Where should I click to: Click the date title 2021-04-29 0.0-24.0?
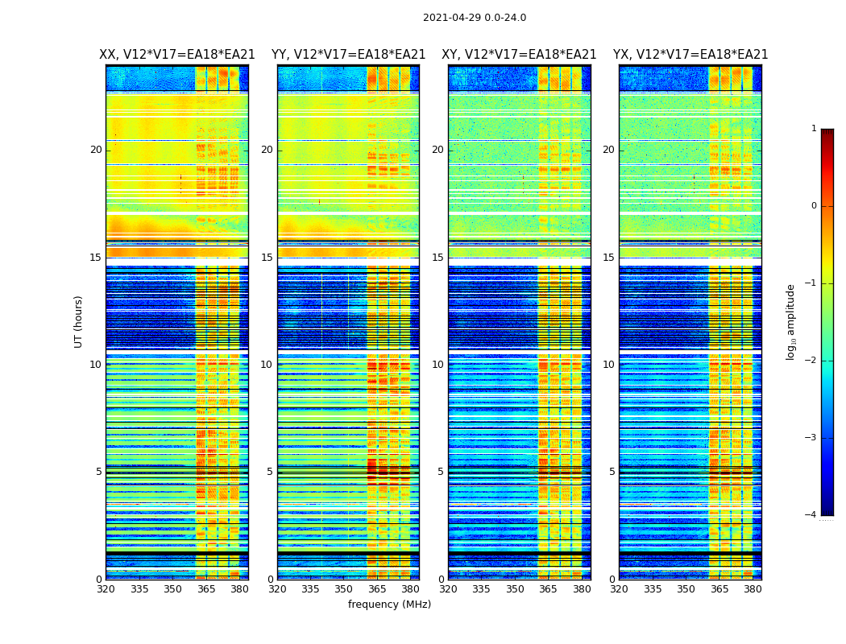pyautogui.click(x=475, y=18)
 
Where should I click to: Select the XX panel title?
pyautogui.click(x=177, y=55)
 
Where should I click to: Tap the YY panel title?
pyautogui.click(x=348, y=55)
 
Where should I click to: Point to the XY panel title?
pyautogui.click(x=519, y=55)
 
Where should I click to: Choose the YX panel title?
pyautogui.click(x=690, y=55)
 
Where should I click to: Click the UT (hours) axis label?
pyautogui.click(x=79, y=321)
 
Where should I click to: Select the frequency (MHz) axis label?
pyautogui.click(x=389, y=605)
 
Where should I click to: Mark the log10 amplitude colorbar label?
pyautogui.click(x=791, y=321)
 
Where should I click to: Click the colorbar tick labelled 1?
pyautogui.click(x=814, y=129)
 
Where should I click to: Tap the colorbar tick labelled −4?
pyautogui.click(x=811, y=515)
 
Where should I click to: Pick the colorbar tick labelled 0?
pyautogui.click(x=814, y=206)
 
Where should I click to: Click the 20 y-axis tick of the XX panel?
pyautogui.click(x=96, y=150)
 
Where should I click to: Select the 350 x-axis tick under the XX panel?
pyautogui.click(x=172, y=589)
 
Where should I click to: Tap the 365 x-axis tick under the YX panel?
pyautogui.click(x=720, y=589)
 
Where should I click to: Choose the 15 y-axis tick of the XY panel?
pyautogui.click(x=438, y=258)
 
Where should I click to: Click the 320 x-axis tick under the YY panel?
pyautogui.click(x=277, y=589)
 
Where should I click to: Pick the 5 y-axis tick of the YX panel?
pyautogui.click(x=612, y=472)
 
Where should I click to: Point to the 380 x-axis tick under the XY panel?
pyautogui.click(x=582, y=589)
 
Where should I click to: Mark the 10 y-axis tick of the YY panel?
pyautogui.click(x=267, y=365)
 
